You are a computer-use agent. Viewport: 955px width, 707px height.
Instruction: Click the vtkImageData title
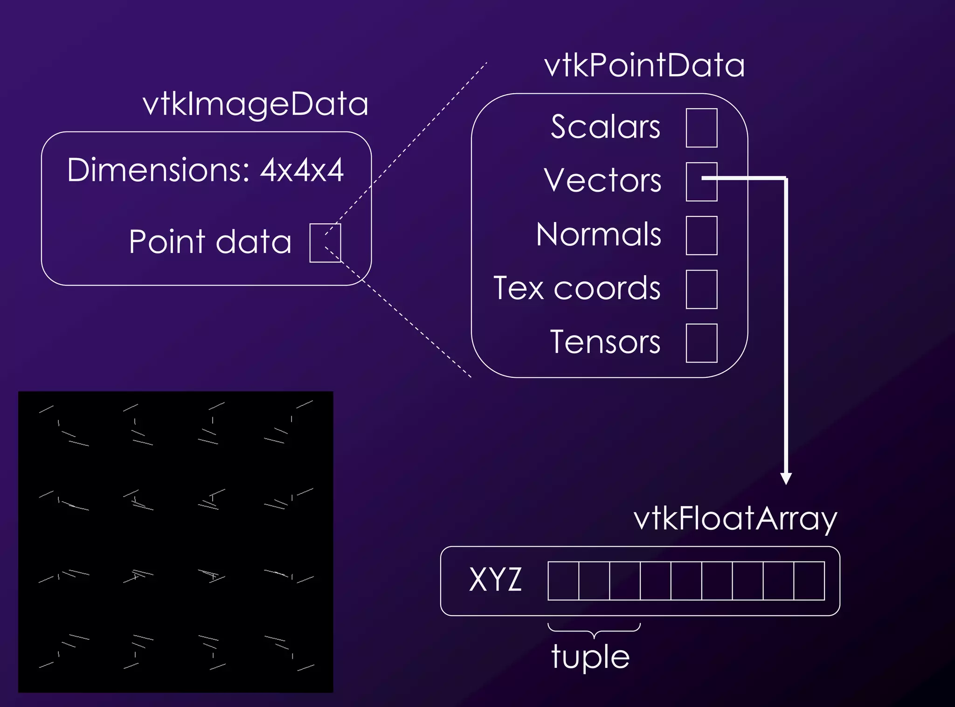[256, 104]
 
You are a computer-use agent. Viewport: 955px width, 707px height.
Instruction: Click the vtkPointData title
[644, 65]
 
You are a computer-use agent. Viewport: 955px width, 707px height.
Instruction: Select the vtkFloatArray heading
[735, 519]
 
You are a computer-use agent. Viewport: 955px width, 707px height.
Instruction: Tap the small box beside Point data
[325, 243]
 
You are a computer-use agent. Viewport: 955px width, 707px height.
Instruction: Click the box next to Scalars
[701, 128]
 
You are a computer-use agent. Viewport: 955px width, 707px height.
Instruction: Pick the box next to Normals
[701, 236]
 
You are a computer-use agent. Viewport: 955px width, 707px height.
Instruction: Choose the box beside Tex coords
[701, 289]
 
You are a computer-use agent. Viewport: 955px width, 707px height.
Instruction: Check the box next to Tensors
[701, 343]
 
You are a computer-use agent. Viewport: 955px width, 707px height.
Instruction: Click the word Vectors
[602, 180]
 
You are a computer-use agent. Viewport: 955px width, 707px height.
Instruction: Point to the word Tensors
[605, 342]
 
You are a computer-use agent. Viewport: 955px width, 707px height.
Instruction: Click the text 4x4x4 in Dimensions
[302, 170]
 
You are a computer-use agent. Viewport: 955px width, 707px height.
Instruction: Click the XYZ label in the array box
[495, 580]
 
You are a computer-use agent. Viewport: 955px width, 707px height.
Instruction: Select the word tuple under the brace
[590, 657]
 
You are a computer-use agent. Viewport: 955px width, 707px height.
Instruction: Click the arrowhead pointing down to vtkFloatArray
[786, 478]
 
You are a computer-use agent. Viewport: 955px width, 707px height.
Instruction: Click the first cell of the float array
[563, 581]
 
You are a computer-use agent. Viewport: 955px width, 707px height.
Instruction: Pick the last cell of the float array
[809, 581]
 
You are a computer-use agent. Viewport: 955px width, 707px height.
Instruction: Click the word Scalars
[605, 127]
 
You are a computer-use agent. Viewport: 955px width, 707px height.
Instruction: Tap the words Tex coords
[577, 289]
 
